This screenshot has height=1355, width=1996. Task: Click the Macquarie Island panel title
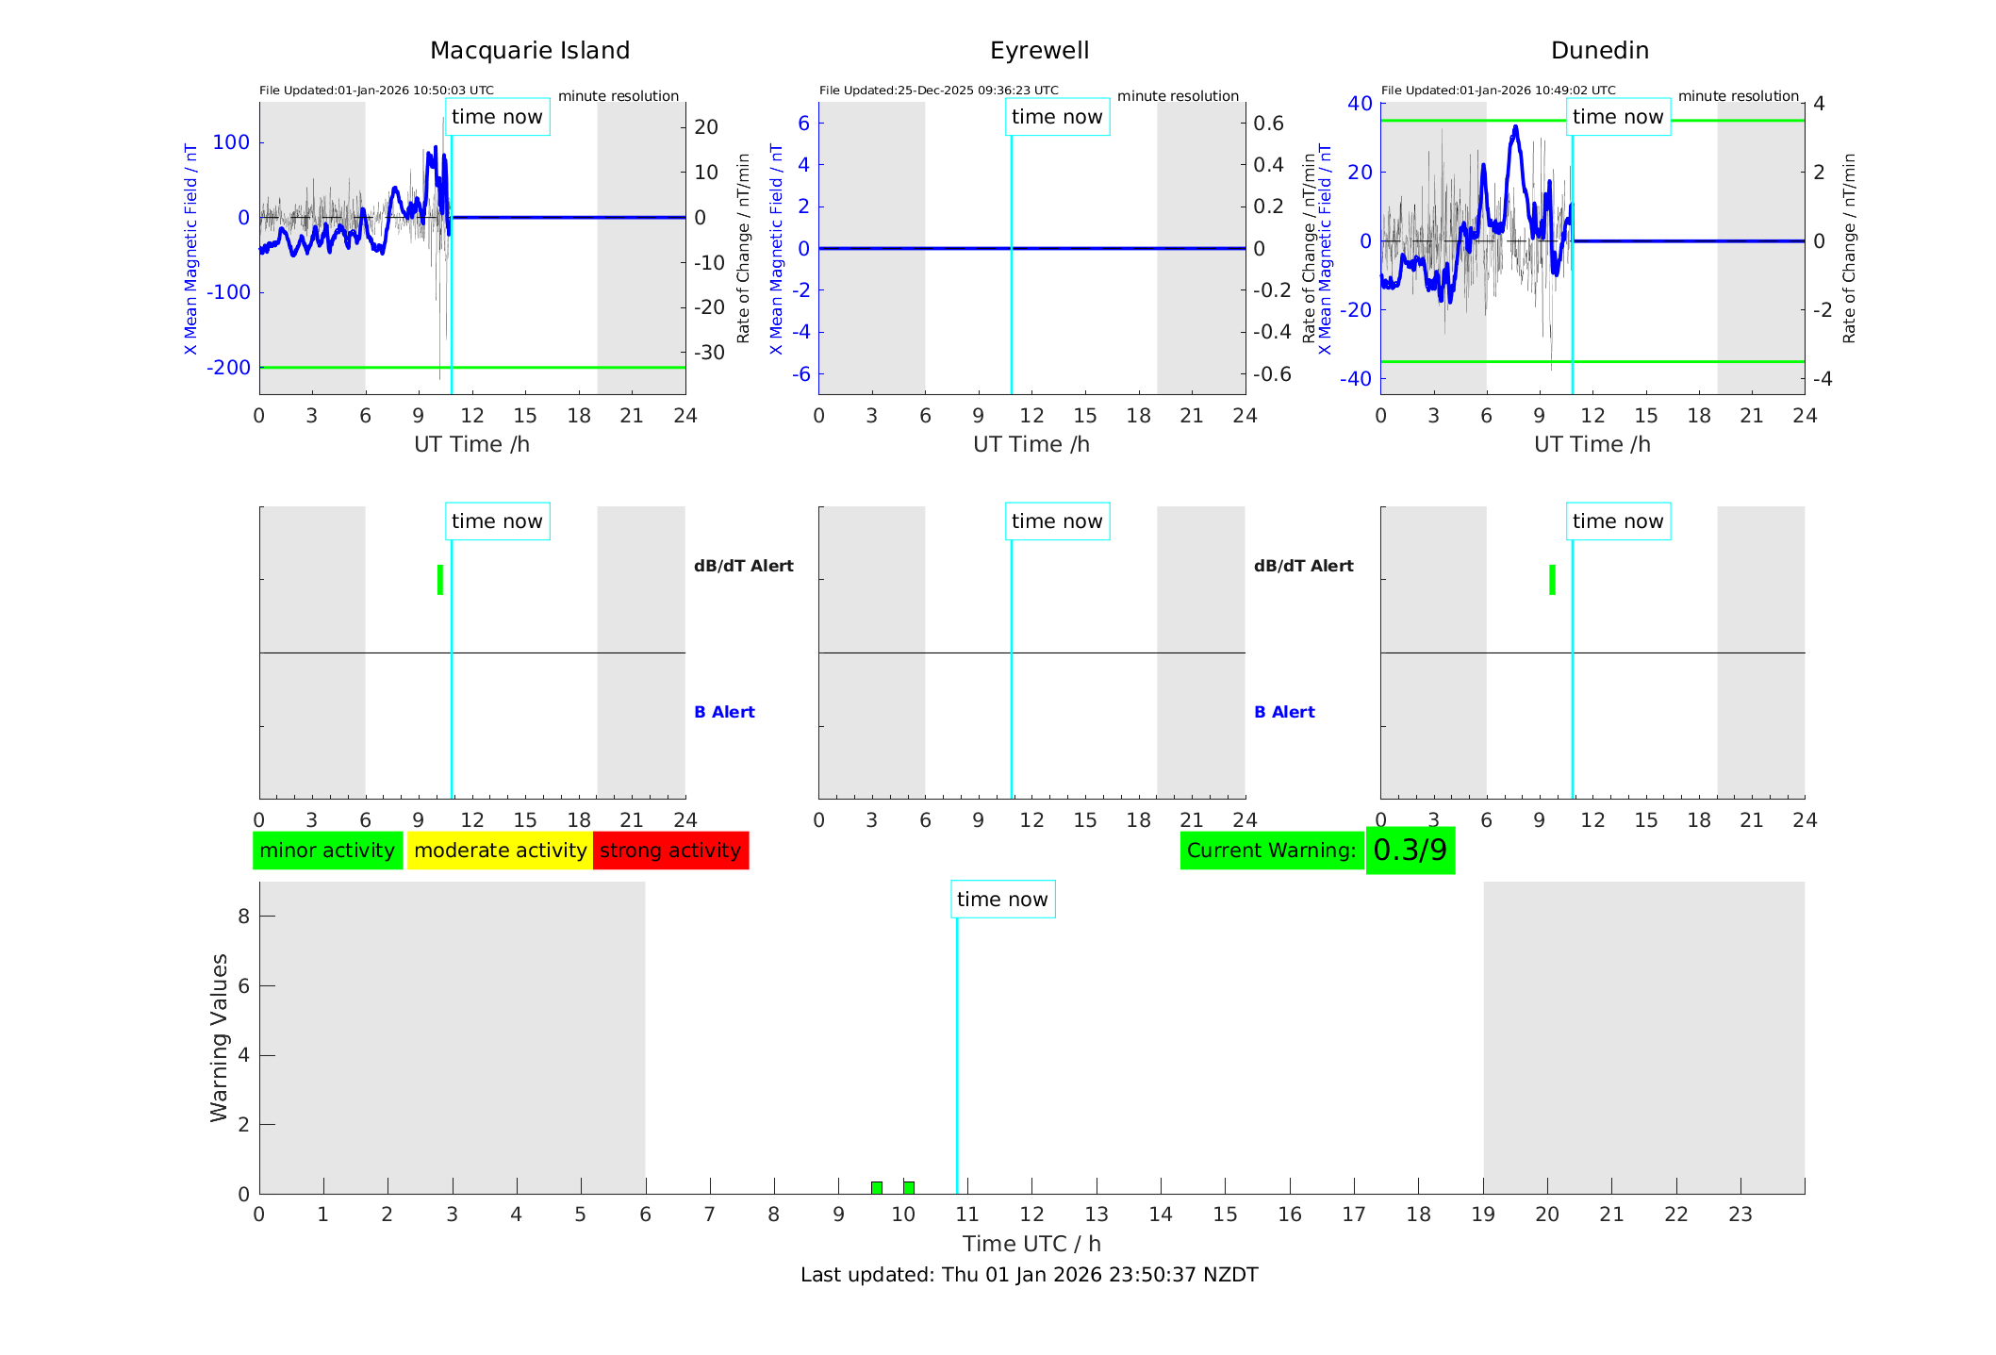click(x=530, y=51)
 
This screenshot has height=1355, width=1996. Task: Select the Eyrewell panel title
click(x=1039, y=51)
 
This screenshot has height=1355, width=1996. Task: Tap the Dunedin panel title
click(x=1599, y=51)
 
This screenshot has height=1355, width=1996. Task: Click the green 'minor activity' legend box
click(x=327, y=851)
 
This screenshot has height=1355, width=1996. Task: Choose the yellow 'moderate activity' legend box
click(x=500, y=851)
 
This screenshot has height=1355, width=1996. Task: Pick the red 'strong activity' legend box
click(x=670, y=851)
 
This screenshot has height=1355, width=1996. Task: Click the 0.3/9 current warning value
click(x=1410, y=851)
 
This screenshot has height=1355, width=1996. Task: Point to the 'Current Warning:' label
click(x=1271, y=851)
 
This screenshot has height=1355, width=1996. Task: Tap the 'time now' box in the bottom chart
click(x=1002, y=900)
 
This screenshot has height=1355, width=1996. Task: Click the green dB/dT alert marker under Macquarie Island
click(x=440, y=580)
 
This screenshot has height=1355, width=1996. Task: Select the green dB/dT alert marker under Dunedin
click(x=1552, y=580)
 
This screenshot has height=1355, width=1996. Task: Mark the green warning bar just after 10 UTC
click(x=909, y=1187)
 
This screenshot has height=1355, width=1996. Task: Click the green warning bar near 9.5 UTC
click(x=877, y=1187)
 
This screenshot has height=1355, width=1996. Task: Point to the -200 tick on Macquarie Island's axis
click(x=229, y=368)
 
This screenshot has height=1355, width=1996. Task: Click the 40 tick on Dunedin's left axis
click(x=1360, y=103)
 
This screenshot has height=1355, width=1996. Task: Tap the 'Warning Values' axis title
click(x=220, y=1037)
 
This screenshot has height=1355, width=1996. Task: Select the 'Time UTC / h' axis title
click(x=1031, y=1244)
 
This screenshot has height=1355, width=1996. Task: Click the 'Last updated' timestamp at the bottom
click(x=1029, y=1275)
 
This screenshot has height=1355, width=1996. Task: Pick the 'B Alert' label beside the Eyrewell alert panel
click(x=1284, y=712)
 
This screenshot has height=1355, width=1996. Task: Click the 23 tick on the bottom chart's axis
click(x=1740, y=1215)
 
